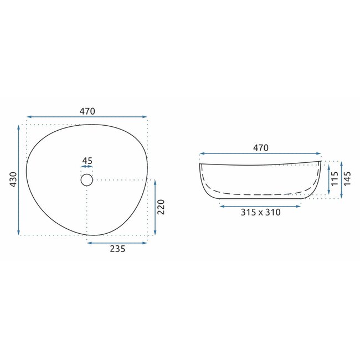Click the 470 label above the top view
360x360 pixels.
pos(88,111)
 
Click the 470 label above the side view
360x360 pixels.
pos(261,148)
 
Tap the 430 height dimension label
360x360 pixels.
pos(13,179)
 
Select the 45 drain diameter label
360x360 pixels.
pos(87,161)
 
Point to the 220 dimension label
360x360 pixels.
pos(161,207)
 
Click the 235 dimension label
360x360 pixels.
pos(117,249)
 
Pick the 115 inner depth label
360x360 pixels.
pos(335,179)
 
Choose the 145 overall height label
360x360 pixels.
pos(347,178)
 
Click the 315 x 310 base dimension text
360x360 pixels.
pos(261,212)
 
